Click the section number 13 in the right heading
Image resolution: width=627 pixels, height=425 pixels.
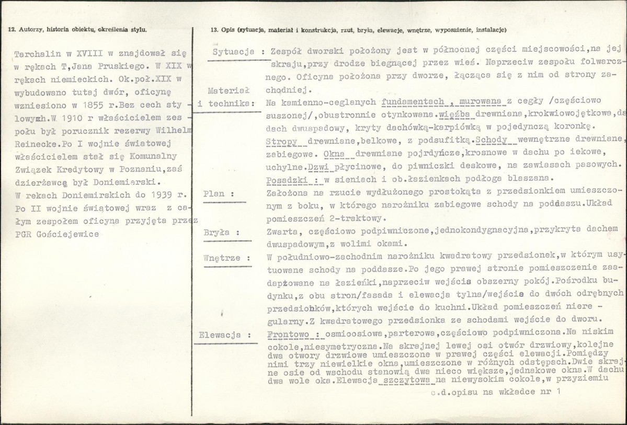point(212,29)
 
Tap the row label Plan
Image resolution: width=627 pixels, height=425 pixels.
point(215,193)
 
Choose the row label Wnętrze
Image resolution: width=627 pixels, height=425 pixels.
point(223,258)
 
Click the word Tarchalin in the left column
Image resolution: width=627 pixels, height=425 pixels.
point(35,54)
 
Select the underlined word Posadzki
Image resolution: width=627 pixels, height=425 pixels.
point(286,179)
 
